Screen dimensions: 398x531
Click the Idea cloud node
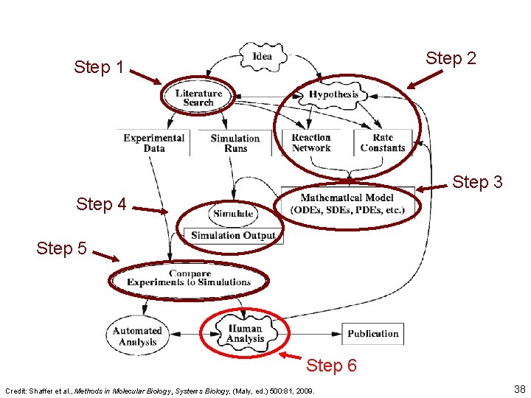tap(261, 57)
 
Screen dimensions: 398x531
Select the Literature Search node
tap(198, 98)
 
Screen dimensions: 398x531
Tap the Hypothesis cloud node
tap(333, 94)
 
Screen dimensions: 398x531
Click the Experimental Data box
tap(153, 143)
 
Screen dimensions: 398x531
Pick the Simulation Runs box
tap(235, 143)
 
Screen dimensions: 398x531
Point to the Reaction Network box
tap(311, 143)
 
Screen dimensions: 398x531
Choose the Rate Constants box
tap(383, 143)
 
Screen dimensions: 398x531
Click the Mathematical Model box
tap(347, 203)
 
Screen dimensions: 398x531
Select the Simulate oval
tap(233, 214)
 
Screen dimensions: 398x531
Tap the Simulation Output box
tap(233, 236)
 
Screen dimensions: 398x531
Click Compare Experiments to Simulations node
tap(189, 278)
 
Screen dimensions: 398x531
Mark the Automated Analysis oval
tap(137, 336)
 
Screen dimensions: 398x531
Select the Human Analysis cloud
tap(245, 334)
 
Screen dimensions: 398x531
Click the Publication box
tap(372, 334)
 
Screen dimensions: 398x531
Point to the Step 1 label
tap(99, 68)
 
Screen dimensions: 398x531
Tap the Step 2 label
tap(451, 58)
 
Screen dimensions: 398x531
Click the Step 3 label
tap(477, 181)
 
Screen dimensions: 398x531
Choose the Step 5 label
tap(61, 248)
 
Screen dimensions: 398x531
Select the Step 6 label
tap(331, 366)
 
